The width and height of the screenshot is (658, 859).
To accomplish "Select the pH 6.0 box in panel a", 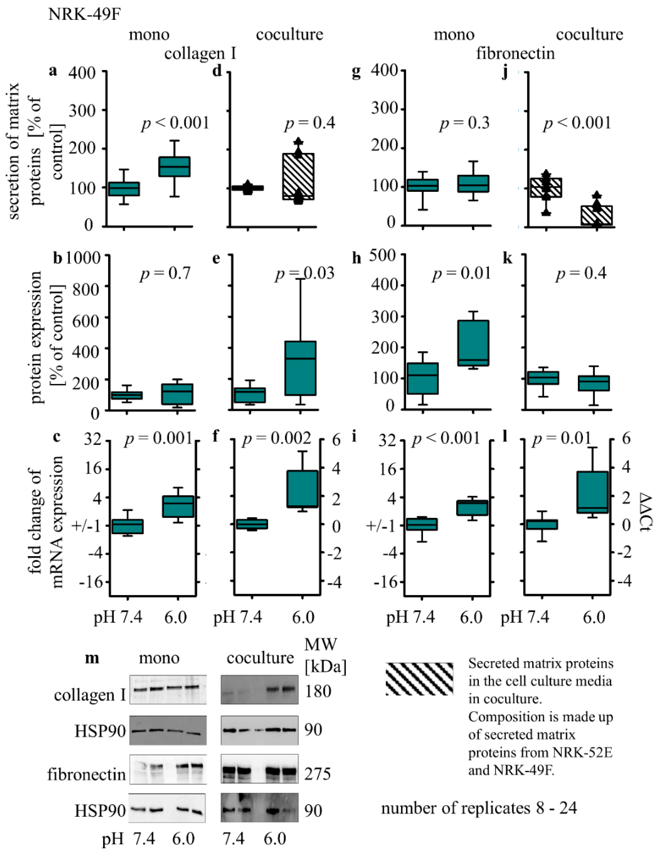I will pyautogui.click(x=174, y=167).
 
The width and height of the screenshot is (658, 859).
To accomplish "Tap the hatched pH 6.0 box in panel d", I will pyautogui.click(x=298, y=176).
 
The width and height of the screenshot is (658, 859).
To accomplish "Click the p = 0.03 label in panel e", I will pyautogui.click(x=305, y=273).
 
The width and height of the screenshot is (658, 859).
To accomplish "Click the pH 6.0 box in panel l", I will pyautogui.click(x=593, y=492).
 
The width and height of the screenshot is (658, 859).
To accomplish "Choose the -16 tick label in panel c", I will pyautogui.click(x=91, y=582).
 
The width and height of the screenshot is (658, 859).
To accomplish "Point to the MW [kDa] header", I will pyautogui.click(x=325, y=655).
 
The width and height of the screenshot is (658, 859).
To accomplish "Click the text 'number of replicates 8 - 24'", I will pyautogui.click(x=479, y=808).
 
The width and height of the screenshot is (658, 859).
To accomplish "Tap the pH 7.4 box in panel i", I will pyautogui.click(x=422, y=524).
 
